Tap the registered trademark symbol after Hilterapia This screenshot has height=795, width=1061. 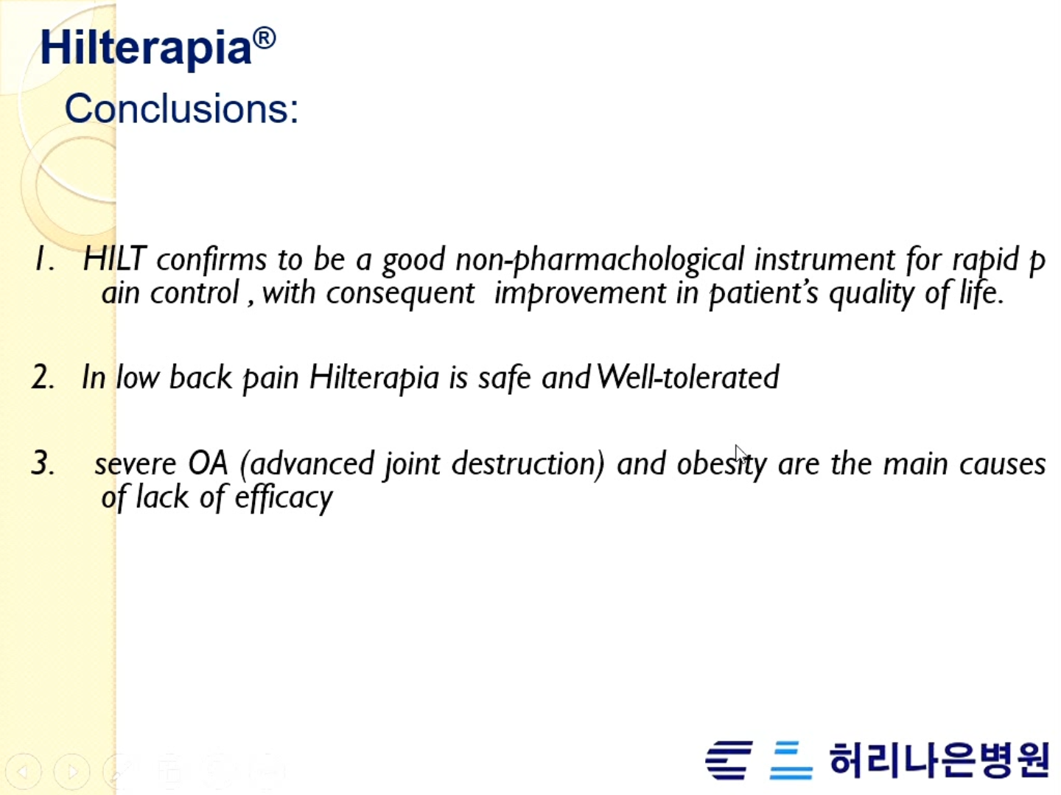264,38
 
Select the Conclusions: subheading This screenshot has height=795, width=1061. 182,108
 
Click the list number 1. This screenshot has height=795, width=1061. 44,259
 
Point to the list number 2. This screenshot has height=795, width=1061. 43,377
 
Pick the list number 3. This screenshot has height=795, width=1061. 43,463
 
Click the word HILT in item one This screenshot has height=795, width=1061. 115,259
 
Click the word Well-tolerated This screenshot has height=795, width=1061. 688,377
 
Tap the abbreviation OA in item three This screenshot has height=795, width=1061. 207,463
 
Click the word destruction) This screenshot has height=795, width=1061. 528,464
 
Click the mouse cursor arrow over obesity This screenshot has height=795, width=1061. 740,454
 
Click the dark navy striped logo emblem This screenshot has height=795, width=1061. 729,760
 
